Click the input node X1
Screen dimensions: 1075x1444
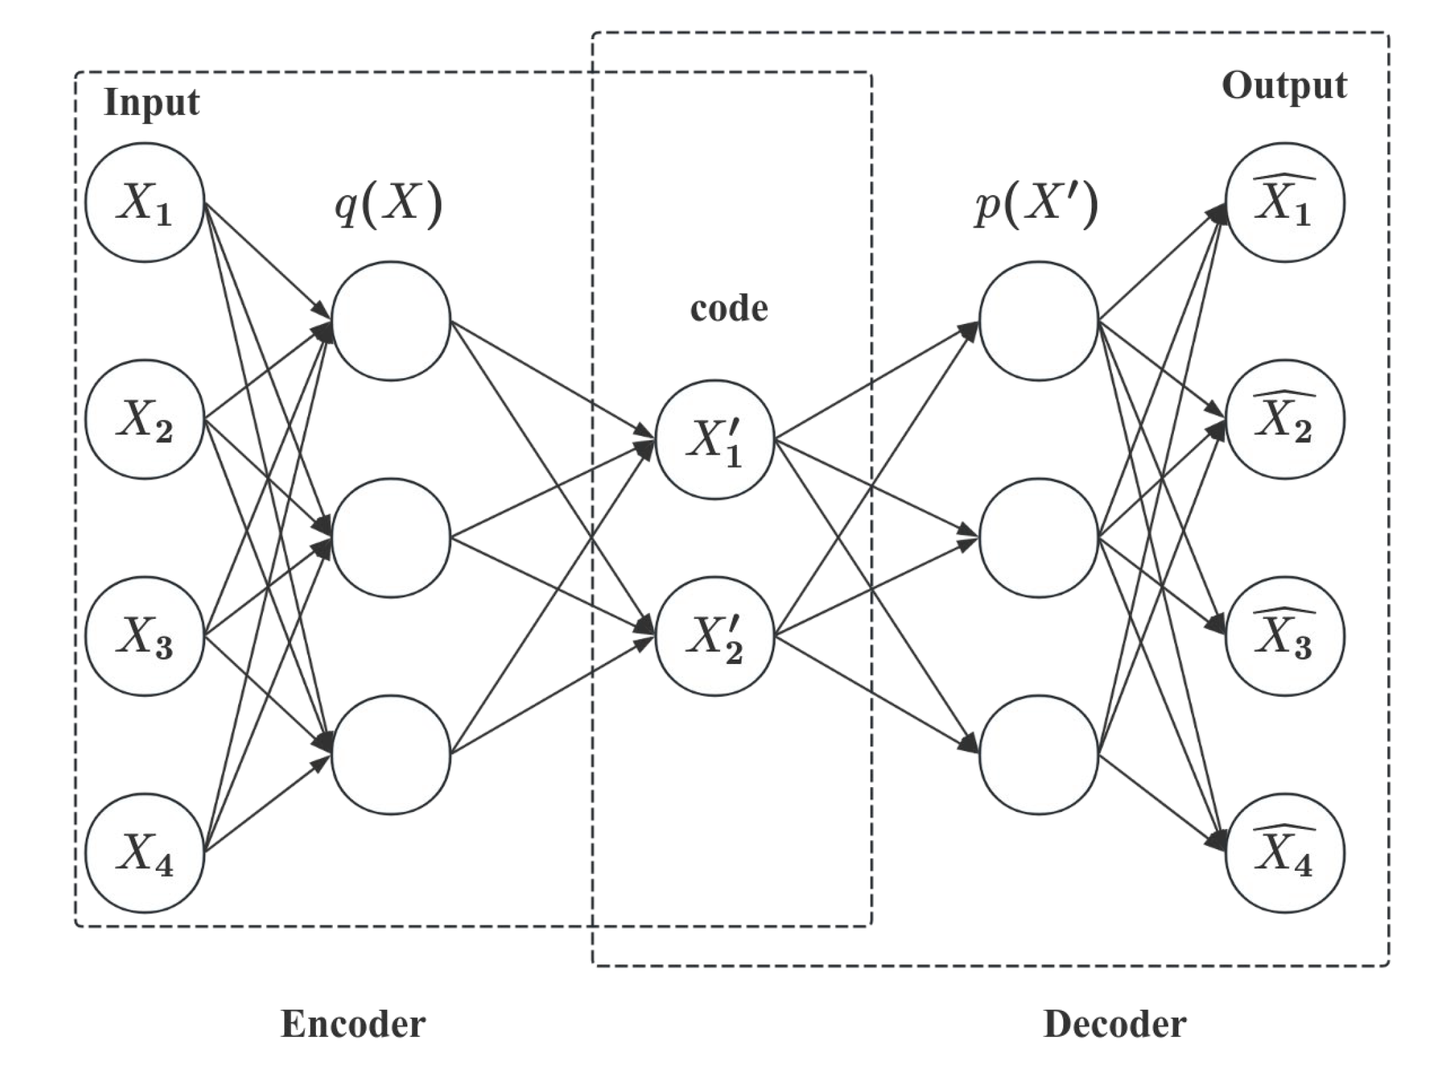[145, 203]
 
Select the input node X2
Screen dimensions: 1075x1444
[145, 419]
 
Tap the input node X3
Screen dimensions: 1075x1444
[145, 636]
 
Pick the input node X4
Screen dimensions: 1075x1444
[145, 853]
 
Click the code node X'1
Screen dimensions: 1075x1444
[715, 440]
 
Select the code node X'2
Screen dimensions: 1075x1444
[715, 636]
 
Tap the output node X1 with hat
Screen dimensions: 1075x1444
[1284, 203]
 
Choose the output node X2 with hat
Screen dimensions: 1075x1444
[1284, 419]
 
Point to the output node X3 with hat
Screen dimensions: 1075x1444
[1284, 636]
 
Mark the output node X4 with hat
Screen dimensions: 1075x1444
[1284, 853]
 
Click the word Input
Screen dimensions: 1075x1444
[151, 103]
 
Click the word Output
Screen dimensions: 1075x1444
[1284, 86]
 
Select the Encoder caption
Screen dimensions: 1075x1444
[353, 1024]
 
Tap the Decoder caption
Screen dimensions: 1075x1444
[1114, 1024]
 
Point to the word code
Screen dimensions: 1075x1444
[729, 309]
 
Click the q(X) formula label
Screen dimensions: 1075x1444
[388, 205]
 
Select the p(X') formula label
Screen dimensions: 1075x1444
[1035, 205]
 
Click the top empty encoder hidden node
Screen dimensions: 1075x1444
[391, 321]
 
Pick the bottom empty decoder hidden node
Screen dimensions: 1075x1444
[1039, 754]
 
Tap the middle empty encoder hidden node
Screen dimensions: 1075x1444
[391, 538]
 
